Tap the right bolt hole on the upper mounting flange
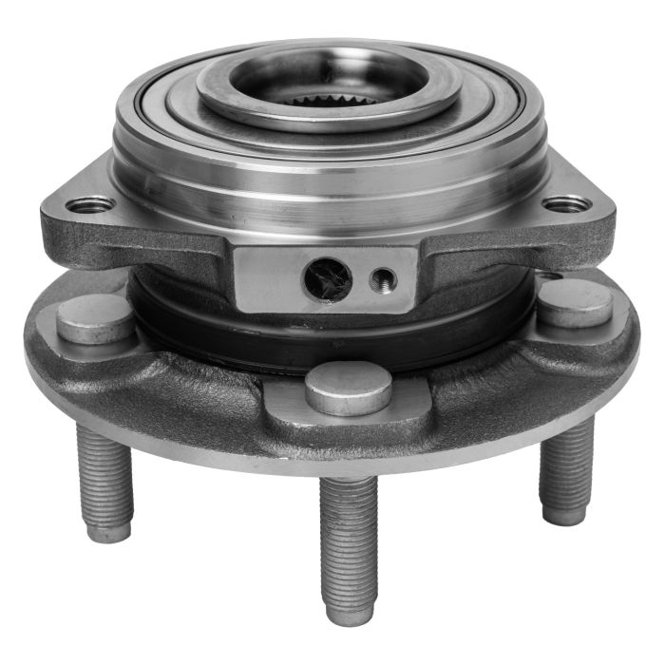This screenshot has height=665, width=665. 567,203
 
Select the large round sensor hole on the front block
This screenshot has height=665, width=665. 327,277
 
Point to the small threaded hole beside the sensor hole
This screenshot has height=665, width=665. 384,278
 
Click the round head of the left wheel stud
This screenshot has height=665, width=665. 95,318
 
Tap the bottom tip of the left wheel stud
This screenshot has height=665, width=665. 108,532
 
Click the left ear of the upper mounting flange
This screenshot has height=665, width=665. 76,223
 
